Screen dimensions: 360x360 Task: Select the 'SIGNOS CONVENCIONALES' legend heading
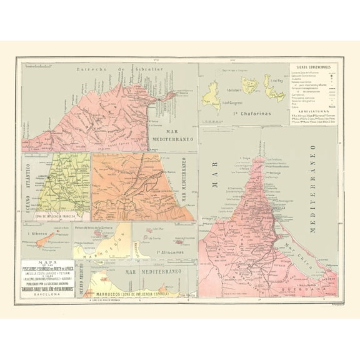[314, 66]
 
